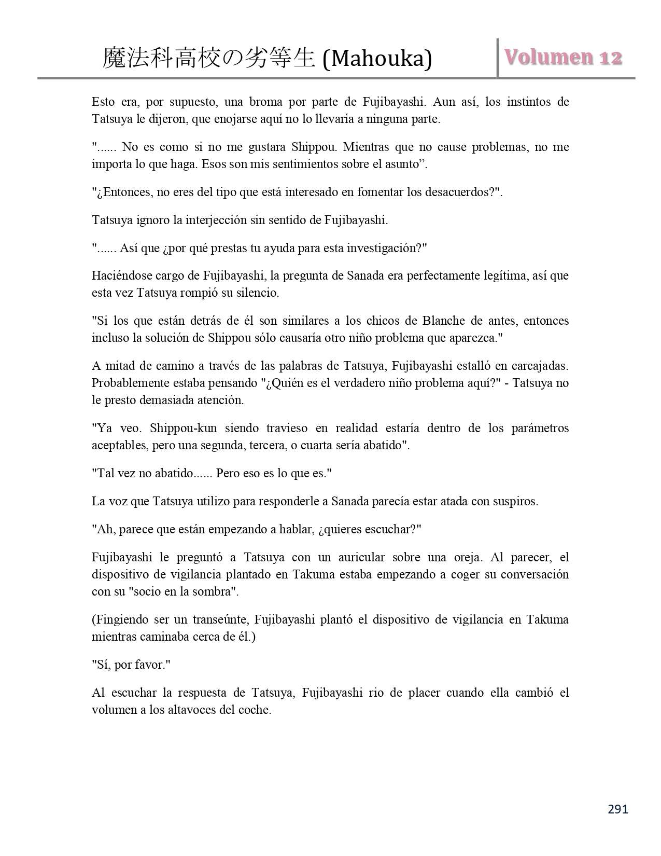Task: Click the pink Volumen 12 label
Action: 563,57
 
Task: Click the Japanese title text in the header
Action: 209,58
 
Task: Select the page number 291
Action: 617,809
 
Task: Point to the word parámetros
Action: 540,429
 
